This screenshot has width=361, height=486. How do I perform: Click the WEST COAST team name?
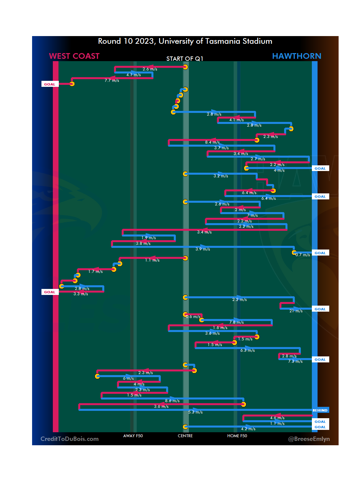[74, 56]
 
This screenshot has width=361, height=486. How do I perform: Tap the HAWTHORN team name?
[296, 56]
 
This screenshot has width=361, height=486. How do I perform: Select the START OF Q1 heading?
[185, 59]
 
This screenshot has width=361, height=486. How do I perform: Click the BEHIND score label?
[320, 410]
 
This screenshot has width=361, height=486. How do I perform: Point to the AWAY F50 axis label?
[133, 436]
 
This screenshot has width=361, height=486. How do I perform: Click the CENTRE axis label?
[185, 436]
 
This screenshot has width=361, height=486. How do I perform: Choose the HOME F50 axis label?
[237, 436]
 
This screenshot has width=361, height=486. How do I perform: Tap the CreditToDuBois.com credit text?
[70, 439]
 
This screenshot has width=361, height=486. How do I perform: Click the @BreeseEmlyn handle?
[309, 439]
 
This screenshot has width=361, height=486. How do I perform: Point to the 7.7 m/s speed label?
[112, 80]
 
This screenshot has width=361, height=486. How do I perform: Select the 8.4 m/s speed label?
[212, 142]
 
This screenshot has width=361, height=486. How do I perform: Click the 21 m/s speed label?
[296, 311]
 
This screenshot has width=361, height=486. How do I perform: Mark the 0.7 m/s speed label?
[303, 255]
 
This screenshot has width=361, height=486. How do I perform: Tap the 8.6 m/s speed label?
[172, 401]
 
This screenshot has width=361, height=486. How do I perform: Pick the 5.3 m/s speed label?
[195, 412]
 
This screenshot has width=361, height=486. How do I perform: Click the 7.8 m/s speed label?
[236, 322]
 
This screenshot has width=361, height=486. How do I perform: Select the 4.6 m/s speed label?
[277, 418]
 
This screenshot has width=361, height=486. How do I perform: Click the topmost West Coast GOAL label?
[50, 84]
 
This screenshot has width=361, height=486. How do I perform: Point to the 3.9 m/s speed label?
[203, 249]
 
